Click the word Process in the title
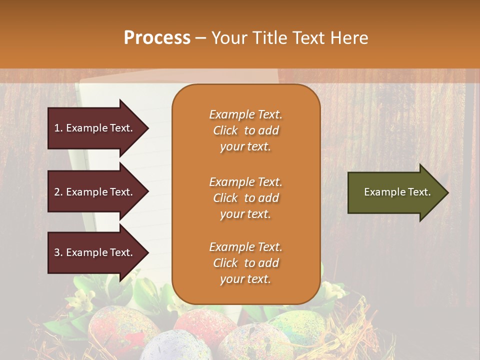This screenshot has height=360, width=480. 157,37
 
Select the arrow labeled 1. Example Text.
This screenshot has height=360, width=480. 95,128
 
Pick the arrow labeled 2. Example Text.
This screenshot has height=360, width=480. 95,192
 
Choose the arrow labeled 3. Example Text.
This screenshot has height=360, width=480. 95,252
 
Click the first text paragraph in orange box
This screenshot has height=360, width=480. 245,130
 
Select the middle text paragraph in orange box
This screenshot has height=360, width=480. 245,198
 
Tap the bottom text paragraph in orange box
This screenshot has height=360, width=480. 245,263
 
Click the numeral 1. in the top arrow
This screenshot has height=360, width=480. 58,128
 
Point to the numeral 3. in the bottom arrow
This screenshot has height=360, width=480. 58,252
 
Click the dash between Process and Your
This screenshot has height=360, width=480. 200,38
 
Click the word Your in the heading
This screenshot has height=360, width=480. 227,37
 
